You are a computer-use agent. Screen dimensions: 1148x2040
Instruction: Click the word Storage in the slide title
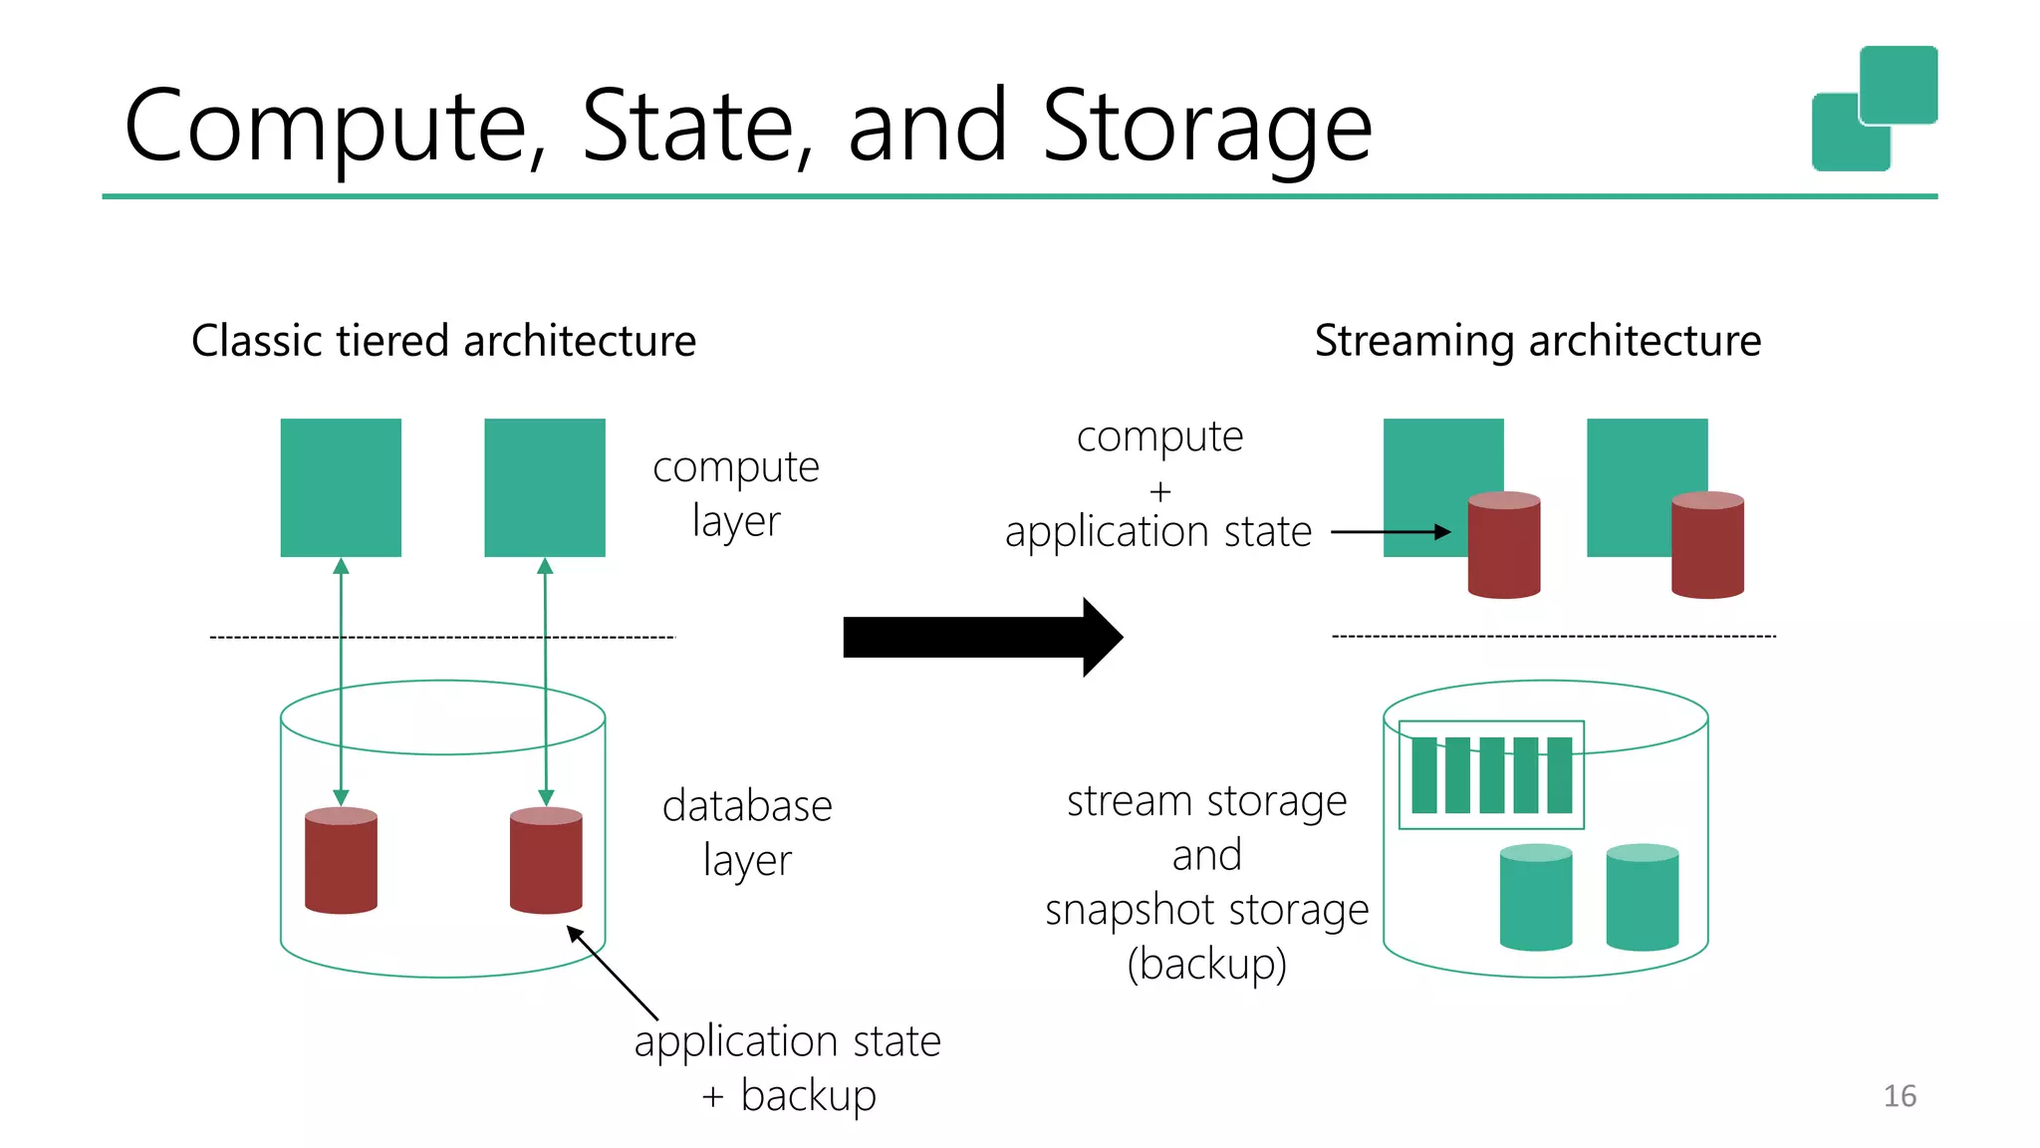point(1206,128)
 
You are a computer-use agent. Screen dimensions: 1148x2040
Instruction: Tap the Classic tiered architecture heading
point(443,341)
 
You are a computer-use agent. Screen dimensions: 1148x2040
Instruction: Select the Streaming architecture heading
point(1537,341)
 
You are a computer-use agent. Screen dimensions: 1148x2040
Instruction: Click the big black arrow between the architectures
point(981,637)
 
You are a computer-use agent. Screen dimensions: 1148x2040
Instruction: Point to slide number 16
point(1900,1096)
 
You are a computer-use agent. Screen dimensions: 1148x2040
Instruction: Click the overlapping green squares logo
point(1874,108)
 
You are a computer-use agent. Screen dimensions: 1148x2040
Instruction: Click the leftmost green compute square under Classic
point(341,487)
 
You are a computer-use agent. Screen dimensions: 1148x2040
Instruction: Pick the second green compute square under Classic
point(545,487)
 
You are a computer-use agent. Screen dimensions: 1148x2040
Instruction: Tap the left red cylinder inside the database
point(341,861)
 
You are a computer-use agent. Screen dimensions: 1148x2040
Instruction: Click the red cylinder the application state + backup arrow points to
point(546,861)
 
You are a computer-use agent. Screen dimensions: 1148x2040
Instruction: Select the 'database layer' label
point(747,832)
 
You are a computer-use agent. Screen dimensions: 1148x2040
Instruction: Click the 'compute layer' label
point(736,493)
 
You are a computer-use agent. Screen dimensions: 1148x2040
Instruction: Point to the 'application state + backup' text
point(787,1067)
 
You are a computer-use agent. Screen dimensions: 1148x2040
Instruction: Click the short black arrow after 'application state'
point(1391,532)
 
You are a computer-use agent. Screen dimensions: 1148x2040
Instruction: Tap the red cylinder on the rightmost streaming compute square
point(1707,546)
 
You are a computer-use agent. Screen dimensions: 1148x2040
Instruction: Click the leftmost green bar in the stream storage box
point(1424,775)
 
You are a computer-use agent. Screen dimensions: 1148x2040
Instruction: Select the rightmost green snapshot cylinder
point(1643,897)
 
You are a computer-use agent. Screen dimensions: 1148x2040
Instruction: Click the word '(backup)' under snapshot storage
point(1206,964)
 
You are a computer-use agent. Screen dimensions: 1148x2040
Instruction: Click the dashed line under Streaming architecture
point(1554,636)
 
